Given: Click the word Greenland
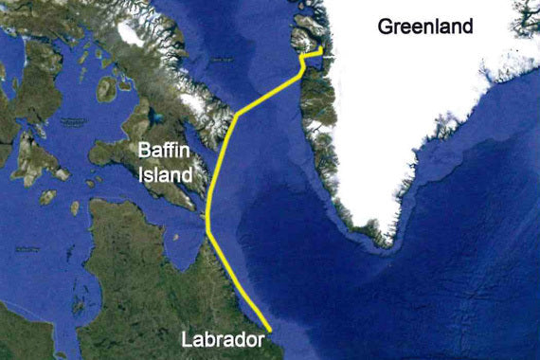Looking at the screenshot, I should [425, 27].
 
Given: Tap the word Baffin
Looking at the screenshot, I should [163, 152].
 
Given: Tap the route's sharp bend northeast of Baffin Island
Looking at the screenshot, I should [236, 115].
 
